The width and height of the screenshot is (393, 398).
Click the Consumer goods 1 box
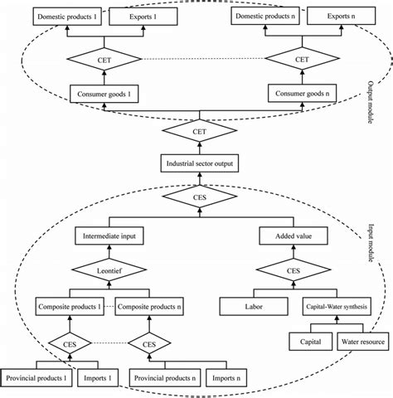coord(104,95)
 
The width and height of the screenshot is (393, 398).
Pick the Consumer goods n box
coord(302,95)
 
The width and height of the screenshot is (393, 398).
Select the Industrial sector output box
coord(198,164)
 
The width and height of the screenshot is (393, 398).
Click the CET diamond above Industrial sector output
coord(198,132)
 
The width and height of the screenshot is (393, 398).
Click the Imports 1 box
coord(96,380)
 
